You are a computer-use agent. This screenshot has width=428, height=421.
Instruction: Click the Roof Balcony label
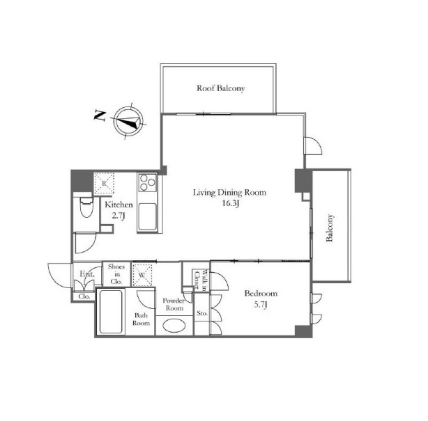[x=220, y=88]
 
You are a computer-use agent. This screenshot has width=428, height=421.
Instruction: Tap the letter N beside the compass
[x=100, y=116]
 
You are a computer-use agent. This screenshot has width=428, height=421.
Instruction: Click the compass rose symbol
[x=129, y=120]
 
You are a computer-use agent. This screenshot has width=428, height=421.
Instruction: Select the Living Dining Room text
[x=229, y=192]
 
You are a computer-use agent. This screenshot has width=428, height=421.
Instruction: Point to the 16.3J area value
[x=231, y=204]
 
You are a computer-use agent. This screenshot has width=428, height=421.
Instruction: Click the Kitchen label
[x=119, y=205]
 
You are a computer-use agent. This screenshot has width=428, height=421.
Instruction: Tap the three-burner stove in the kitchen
[x=147, y=182]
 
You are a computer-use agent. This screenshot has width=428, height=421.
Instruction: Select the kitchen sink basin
[x=147, y=217]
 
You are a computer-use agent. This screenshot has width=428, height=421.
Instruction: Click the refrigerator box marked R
[x=104, y=183]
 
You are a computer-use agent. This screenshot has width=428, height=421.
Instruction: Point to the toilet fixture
[x=86, y=206]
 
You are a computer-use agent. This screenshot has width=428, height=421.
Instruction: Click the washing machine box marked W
[x=142, y=275]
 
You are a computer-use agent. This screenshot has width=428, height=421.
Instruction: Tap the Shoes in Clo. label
[x=116, y=274]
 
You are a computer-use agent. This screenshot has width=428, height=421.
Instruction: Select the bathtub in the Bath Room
[x=111, y=312]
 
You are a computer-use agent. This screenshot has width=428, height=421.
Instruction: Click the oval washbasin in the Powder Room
[x=174, y=326]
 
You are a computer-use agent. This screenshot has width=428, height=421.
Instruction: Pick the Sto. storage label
[x=202, y=313]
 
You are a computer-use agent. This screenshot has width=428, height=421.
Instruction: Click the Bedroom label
[x=261, y=294]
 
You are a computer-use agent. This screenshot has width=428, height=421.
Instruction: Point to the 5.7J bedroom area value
[x=261, y=304]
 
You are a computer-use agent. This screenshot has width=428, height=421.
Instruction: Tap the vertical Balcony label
[x=330, y=228]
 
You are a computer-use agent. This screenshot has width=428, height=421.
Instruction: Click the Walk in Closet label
[x=200, y=279]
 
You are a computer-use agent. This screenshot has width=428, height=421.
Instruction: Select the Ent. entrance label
[x=87, y=274]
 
